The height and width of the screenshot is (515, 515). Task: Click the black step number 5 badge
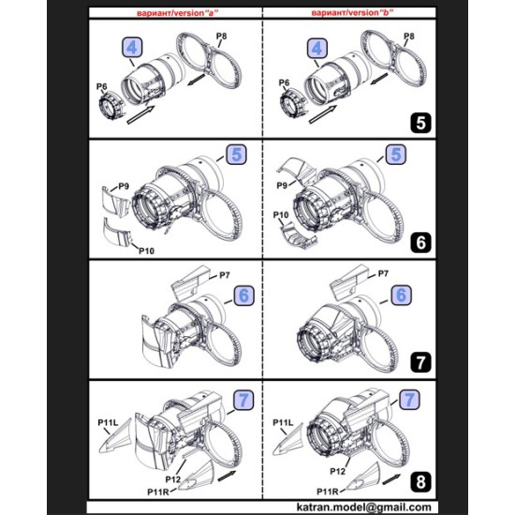[419, 122]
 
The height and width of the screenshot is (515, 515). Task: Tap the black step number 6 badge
[419, 242]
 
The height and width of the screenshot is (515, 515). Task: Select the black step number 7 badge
[419, 360]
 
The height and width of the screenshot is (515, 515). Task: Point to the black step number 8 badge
[419, 480]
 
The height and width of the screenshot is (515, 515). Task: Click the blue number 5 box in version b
[395, 155]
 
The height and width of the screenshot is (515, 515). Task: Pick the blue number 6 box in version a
[243, 294]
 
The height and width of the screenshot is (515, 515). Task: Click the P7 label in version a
[224, 274]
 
